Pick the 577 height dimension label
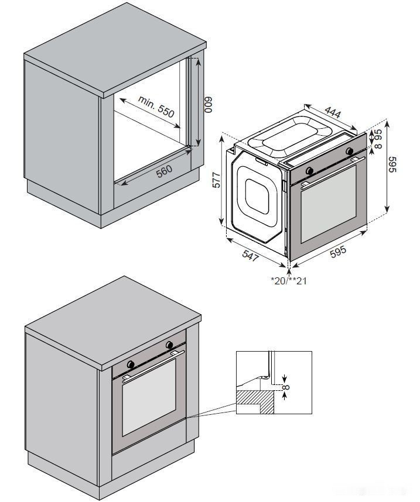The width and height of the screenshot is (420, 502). click(x=216, y=180)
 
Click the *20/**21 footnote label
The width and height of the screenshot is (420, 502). click(x=289, y=281)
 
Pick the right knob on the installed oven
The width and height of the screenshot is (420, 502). click(x=169, y=344)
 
